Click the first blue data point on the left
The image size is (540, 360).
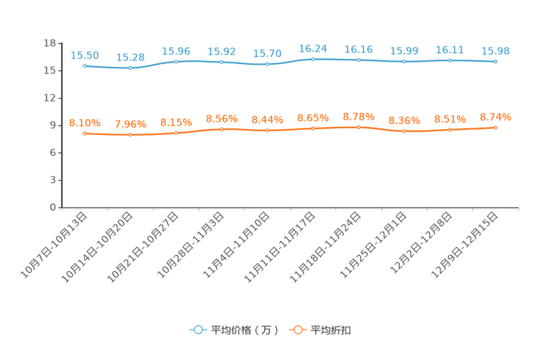pyautogui.click(x=85, y=66)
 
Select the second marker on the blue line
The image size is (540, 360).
pyautogui.click(x=131, y=68)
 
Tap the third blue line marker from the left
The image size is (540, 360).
pyautogui.click(x=176, y=61)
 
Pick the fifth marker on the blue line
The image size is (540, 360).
pyautogui.click(x=268, y=65)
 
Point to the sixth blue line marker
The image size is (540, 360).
pyautogui.click(x=314, y=59)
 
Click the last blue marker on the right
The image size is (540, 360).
pyautogui.click(x=496, y=62)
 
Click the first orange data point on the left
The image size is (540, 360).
pyautogui.click(x=85, y=134)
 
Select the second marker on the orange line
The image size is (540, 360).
pyautogui.click(x=131, y=135)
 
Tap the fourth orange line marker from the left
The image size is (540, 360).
pyautogui.click(x=222, y=129)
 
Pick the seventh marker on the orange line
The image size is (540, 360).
pyautogui.click(x=359, y=127)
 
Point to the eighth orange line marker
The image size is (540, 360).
pyautogui.click(x=405, y=131)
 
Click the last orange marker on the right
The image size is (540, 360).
pyautogui.click(x=496, y=128)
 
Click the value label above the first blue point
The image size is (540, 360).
pyautogui.click(x=85, y=55)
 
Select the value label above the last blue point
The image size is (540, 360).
pyautogui.click(x=496, y=51)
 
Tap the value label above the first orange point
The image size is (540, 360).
pyautogui.click(x=85, y=123)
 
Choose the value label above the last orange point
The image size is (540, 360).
pyautogui.click(x=496, y=117)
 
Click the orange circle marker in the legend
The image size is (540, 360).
pyautogui.click(x=298, y=330)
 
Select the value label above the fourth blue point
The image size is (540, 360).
pyautogui.click(x=222, y=52)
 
